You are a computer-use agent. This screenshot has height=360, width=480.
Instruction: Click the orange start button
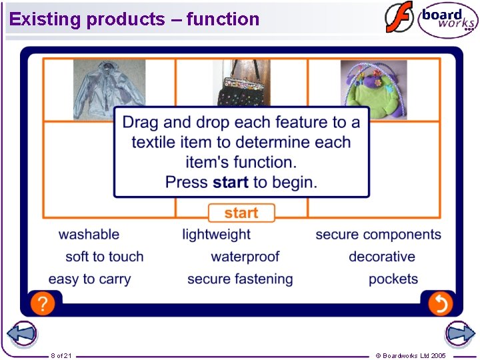241,213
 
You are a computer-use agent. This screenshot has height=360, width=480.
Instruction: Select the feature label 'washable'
89,235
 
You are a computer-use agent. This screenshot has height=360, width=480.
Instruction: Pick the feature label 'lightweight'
217,235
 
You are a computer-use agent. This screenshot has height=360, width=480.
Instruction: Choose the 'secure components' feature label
378,235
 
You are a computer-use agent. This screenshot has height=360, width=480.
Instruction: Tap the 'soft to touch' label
105,257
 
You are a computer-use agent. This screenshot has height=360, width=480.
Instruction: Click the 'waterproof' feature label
245,257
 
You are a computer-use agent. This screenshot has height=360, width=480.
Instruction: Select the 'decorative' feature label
382,257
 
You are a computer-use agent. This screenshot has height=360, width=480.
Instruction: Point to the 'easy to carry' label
89,279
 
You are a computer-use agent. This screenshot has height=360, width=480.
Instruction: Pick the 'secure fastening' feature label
240,279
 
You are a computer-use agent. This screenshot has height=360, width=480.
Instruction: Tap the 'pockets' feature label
393,279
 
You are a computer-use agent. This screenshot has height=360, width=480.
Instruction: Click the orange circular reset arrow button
440,303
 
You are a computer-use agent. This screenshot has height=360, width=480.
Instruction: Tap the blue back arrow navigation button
21,334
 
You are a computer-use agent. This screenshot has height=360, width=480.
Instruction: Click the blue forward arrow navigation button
459,334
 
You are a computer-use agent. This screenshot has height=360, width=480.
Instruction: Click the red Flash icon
399,18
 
